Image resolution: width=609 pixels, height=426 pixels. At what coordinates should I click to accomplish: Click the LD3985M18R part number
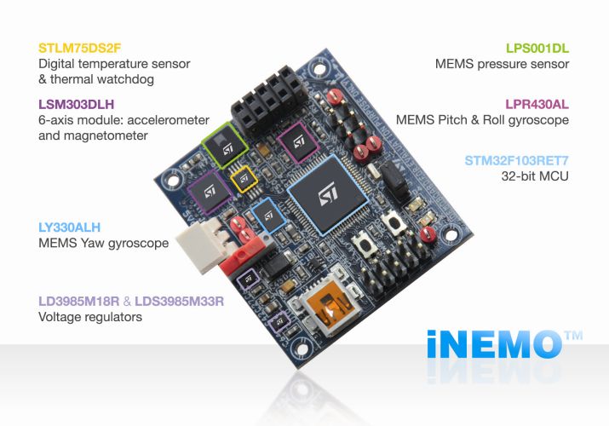tap(83, 301)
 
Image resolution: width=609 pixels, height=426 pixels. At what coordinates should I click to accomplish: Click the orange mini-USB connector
tap(325, 312)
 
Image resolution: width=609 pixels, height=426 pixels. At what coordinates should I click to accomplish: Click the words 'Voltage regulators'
tap(90, 317)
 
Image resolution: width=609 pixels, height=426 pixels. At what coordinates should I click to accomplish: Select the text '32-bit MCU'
tap(535, 176)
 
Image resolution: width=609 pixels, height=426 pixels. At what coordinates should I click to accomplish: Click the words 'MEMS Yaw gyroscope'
tap(103, 244)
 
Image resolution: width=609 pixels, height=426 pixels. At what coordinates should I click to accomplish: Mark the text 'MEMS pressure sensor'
tap(502, 63)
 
